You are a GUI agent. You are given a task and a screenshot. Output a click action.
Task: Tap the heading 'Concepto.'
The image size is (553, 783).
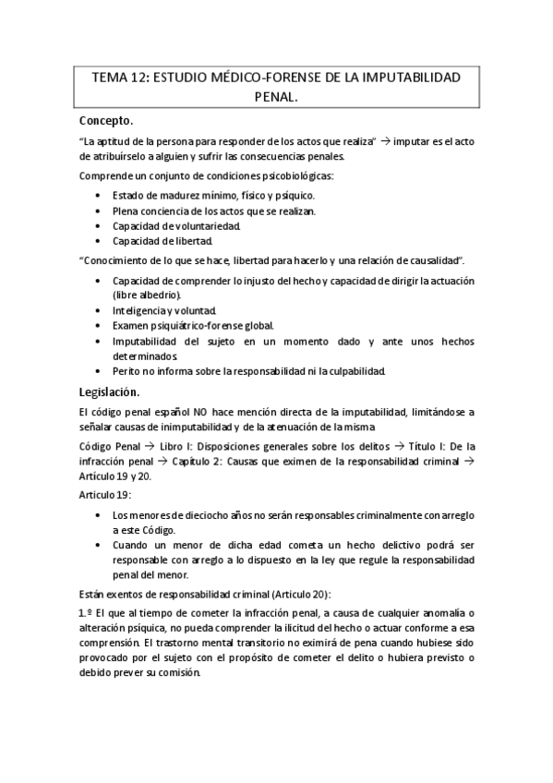tap(107, 120)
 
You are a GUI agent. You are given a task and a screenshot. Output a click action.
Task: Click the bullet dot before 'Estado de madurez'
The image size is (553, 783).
tap(99, 196)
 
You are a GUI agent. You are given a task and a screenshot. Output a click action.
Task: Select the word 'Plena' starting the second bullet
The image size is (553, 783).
tap(126, 211)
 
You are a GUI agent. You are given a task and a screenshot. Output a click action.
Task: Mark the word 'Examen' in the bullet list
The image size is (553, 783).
tap(131, 325)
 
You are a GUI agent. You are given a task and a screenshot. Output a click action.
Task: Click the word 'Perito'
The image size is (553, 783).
tap(128, 371)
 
